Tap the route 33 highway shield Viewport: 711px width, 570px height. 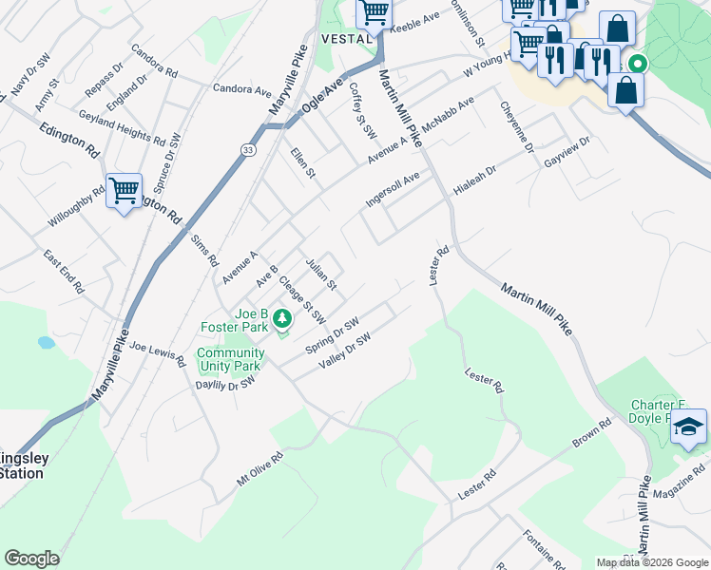coord(247,150)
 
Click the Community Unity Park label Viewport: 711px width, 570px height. coord(228,360)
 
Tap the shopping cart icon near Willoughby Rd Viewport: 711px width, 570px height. coord(125,191)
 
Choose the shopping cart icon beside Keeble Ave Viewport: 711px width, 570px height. coord(374,13)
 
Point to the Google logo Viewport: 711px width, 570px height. coord(31,559)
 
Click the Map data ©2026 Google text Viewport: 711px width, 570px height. coord(652,562)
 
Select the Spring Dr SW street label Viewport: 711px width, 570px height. coord(332,335)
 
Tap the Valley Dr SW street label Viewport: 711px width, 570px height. coord(344,351)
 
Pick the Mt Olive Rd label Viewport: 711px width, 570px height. coord(259,470)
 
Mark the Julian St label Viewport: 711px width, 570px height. coord(320,272)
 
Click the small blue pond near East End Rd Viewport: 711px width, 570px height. coord(47,342)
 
